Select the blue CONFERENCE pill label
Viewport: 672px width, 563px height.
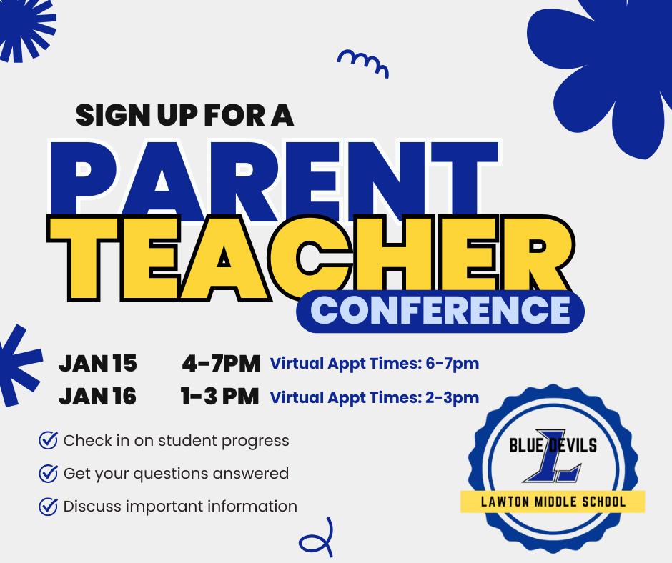pos(440,310)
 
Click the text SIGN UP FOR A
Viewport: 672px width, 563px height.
pos(184,115)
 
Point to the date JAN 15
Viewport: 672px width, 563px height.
pos(97,364)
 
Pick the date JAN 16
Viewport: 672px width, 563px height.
pos(97,397)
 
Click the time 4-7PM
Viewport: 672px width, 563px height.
pos(220,364)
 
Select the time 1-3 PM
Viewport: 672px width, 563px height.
pos(219,397)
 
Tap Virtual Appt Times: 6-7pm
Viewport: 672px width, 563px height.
pos(374,364)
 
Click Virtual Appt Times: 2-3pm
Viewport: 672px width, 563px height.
pos(374,397)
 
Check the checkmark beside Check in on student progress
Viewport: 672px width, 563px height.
pos(48,440)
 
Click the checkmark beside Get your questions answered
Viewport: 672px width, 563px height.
pos(48,473)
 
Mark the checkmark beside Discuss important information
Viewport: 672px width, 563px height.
pos(48,506)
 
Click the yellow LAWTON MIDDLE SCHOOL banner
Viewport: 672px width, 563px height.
pos(553,502)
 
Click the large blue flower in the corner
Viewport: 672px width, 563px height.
pos(608,71)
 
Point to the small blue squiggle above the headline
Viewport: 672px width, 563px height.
pos(362,62)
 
